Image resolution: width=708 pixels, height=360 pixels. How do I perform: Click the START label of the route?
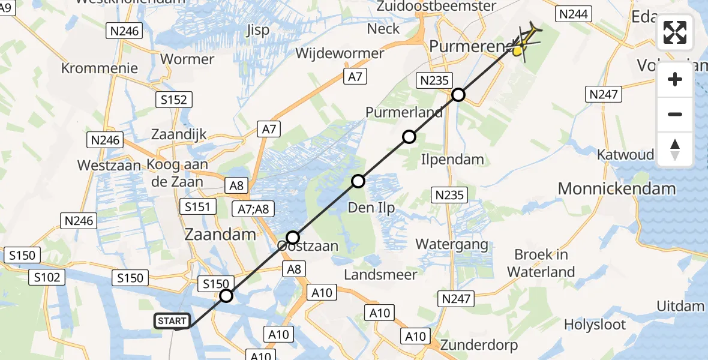coord(172,321)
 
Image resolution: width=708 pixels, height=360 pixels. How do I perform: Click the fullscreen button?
coord(675,32)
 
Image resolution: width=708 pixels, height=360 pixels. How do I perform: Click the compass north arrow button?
coord(675,149)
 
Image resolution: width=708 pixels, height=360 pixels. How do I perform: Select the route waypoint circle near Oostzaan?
coord(292,237)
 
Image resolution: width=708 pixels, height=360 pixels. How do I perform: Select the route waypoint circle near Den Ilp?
coord(358,181)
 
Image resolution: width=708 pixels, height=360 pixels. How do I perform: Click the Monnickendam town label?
coord(616,188)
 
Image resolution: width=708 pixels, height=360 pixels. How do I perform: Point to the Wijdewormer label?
coord(340,53)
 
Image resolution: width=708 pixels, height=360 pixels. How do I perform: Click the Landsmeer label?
coord(380,274)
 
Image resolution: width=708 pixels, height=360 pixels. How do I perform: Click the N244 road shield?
coord(574,14)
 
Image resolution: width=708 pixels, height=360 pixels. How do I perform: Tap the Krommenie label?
coord(100,68)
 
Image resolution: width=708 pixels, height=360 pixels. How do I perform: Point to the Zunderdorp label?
coord(478,346)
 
